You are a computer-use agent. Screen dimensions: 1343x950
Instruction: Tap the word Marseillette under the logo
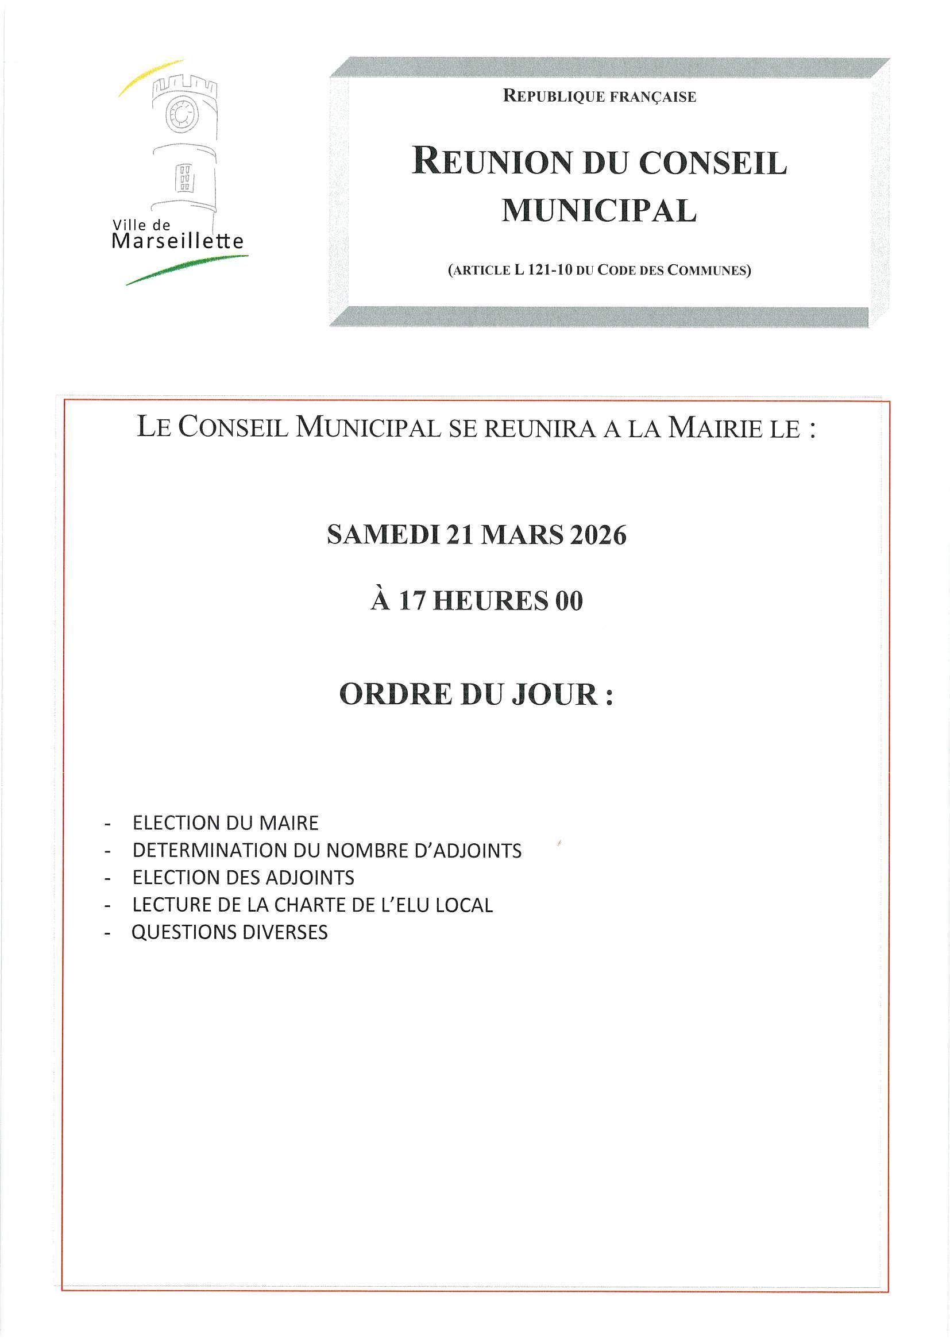(x=177, y=241)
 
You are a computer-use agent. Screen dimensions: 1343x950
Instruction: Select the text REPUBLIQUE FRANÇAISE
(x=600, y=97)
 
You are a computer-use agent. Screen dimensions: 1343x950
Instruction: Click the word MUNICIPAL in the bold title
(x=600, y=211)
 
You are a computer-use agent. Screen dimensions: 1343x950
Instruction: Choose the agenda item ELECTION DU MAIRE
(x=226, y=823)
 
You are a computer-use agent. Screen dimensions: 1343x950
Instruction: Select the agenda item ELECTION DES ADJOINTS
(x=244, y=877)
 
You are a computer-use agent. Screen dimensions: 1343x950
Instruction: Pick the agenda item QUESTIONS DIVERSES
(x=230, y=932)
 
